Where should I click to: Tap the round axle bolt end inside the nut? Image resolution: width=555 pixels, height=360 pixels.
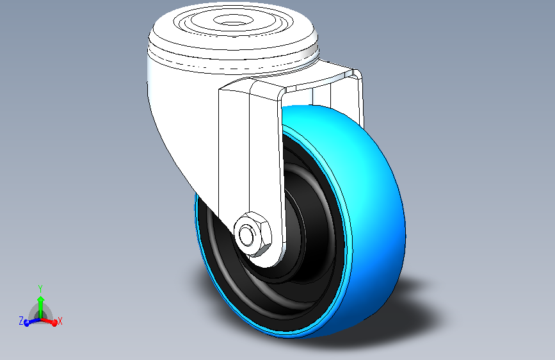(246, 233)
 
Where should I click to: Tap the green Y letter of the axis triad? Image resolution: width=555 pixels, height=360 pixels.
(40, 288)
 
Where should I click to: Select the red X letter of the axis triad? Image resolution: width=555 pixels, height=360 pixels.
(60, 320)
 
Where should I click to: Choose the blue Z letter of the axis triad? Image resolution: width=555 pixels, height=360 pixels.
(21, 320)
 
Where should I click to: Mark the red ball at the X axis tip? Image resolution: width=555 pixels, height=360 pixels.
(54, 323)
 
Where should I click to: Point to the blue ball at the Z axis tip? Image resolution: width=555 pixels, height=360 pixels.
(27, 323)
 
